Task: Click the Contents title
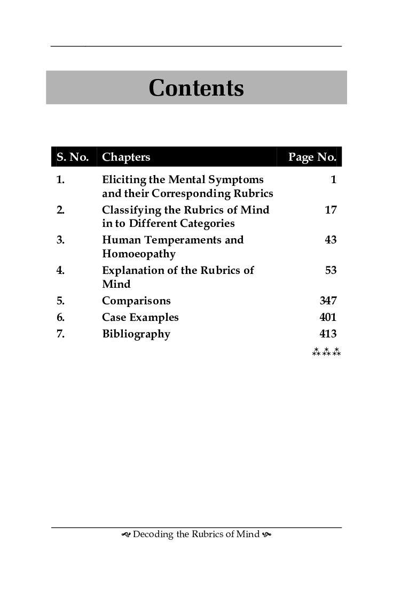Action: click(x=196, y=88)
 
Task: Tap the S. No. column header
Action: click(x=73, y=157)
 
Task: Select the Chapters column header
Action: click(x=126, y=157)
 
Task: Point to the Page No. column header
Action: click(x=312, y=157)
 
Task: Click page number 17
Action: click(x=331, y=210)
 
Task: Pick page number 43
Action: click(x=331, y=240)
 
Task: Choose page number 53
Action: click(x=331, y=270)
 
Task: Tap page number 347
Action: click(x=328, y=301)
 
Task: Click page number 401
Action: click(x=328, y=317)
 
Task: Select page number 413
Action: click(x=328, y=334)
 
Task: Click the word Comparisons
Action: click(x=136, y=301)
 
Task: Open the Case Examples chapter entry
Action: click(x=140, y=317)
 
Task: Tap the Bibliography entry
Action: click(x=136, y=334)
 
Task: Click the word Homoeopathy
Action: click(x=139, y=254)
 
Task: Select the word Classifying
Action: click(x=130, y=210)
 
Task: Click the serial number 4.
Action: click(x=60, y=270)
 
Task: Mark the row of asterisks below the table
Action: click(x=326, y=352)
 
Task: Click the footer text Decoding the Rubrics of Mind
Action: click(x=196, y=534)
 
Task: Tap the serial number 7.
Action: click(x=60, y=334)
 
